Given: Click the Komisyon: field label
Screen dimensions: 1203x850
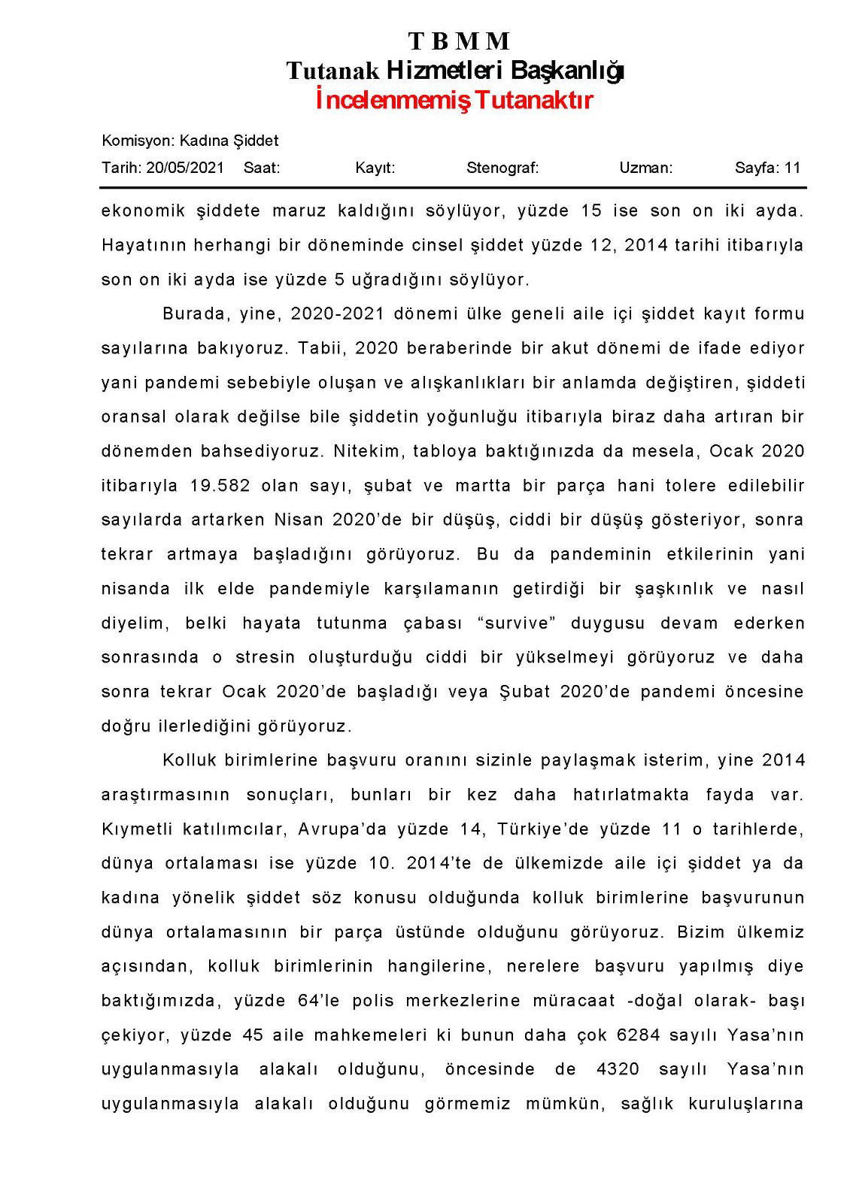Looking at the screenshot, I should [138, 141].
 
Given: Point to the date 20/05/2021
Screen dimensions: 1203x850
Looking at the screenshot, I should [185, 168].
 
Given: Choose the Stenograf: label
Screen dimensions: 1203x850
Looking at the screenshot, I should [502, 168].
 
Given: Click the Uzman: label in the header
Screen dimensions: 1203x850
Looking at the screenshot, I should [645, 168].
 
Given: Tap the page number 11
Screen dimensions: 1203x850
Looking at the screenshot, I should [792, 168].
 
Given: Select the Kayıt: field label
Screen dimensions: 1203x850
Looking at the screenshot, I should [375, 168].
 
